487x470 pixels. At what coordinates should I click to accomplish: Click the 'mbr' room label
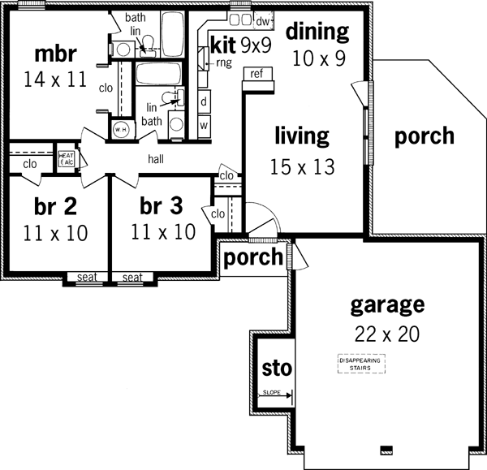(x=56, y=54)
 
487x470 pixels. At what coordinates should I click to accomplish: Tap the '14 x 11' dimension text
(x=56, y=81)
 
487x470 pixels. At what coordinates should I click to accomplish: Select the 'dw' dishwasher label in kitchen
(x=263, y=20)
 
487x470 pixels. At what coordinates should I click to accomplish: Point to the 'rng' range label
(x=223, y=62)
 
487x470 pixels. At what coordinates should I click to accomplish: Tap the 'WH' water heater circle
(x=121, y=129)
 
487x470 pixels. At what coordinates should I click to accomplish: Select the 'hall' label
(x=157, y=158)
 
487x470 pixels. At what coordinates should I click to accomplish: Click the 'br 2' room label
(x=56, y=205)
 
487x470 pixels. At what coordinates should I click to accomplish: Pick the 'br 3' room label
(x=162, y=205)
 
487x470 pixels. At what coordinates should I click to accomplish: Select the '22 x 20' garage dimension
(x=387, y=334)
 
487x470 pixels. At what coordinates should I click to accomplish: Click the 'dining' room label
(x=317, y=32)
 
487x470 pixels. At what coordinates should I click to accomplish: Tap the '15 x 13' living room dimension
(x=301, y=166)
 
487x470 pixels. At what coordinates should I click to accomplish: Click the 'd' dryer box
(x=204, y=102)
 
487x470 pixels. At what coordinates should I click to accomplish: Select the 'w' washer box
(x=204, y=125)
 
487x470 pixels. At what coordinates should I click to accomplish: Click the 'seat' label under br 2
(x=87, y=278)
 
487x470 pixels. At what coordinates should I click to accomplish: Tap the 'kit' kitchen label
(x=222, y=43)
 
